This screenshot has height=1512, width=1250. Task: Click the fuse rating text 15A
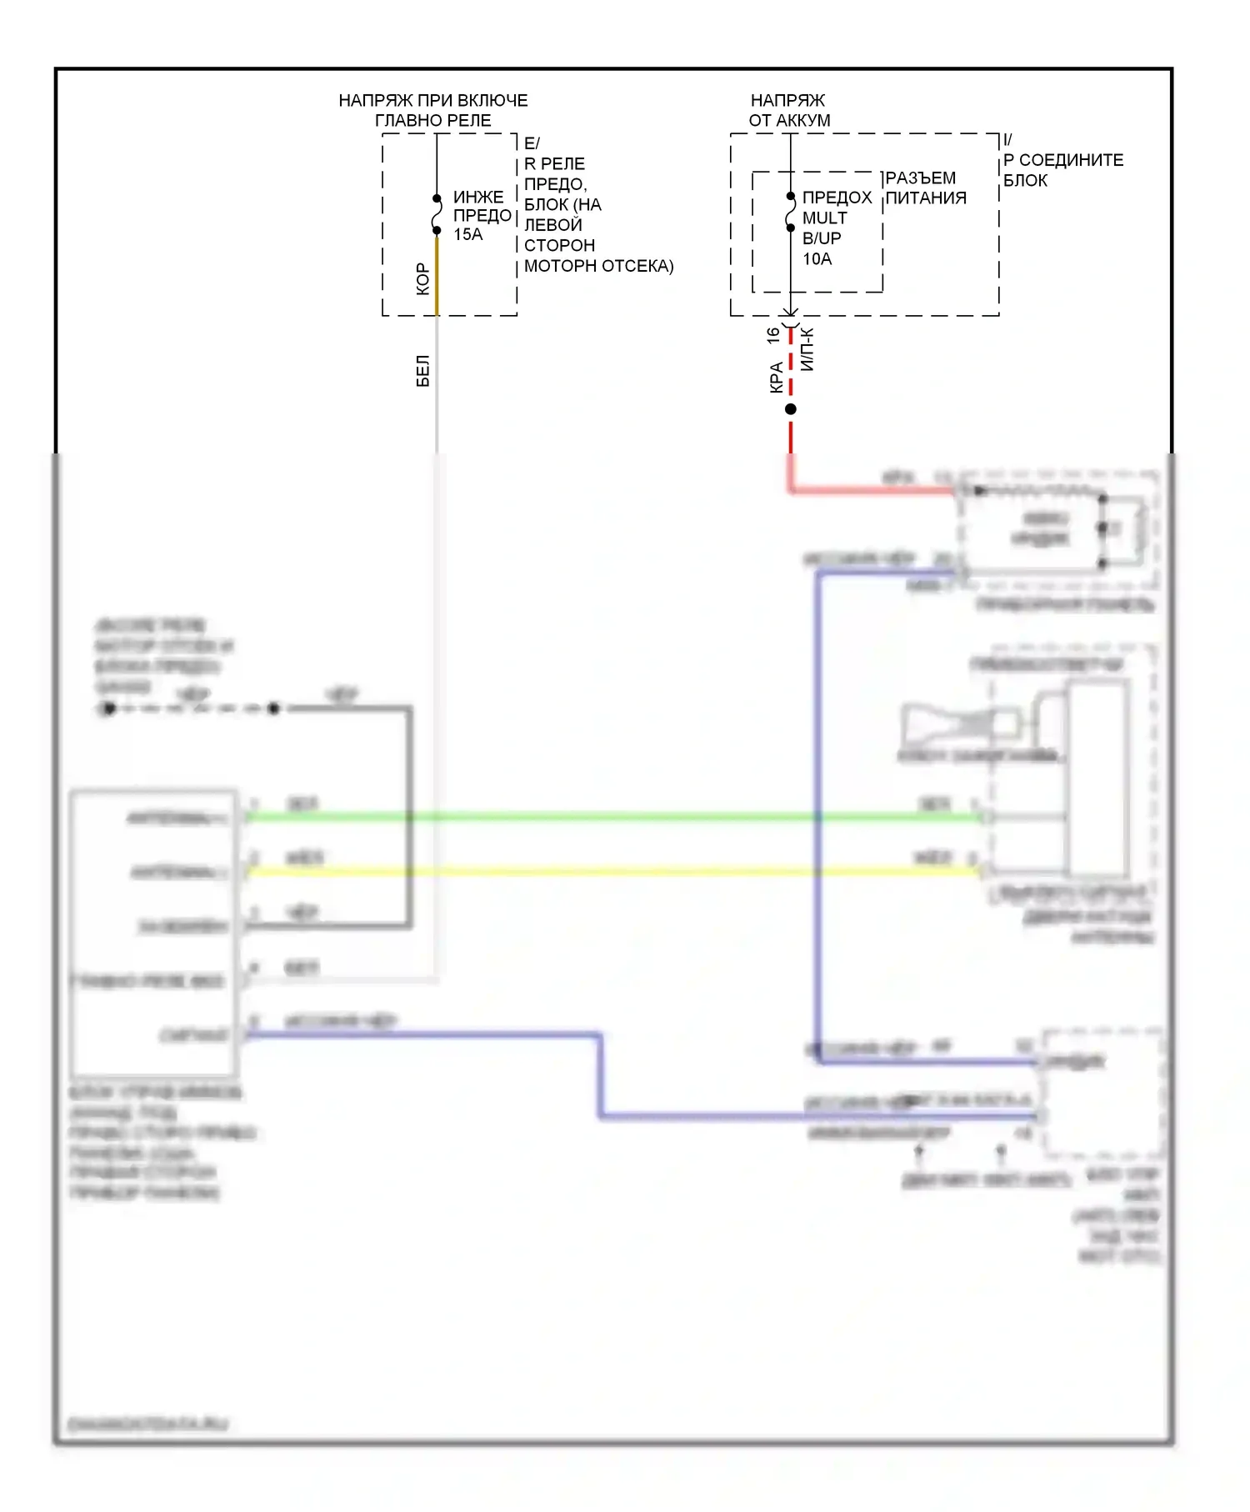point(467,235)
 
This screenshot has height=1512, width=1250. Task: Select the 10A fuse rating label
point(817,259)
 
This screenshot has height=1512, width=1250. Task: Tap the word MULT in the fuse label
point(824,218)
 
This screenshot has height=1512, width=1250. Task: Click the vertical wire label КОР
point(422,278)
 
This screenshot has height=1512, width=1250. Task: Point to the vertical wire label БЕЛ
point(422,371)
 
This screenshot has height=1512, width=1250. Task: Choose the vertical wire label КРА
point(776,377)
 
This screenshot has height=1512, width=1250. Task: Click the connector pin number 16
point(773,335)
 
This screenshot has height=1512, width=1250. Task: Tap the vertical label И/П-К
point(807,348)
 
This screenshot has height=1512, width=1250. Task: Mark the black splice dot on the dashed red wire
point(791,409)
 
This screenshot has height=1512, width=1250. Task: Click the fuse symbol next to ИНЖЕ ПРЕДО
point(437,215)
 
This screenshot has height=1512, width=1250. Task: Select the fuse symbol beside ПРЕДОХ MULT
point(791,213)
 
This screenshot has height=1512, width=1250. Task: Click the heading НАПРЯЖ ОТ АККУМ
point(789,110)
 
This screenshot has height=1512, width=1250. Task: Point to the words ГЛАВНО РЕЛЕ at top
point(432,121)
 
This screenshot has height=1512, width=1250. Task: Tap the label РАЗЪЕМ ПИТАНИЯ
point(925,188)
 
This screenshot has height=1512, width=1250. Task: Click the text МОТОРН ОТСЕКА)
point(598,266)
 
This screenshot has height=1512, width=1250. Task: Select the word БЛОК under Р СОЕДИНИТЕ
point(1025,181)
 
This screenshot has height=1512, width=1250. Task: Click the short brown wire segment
point(437,275)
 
